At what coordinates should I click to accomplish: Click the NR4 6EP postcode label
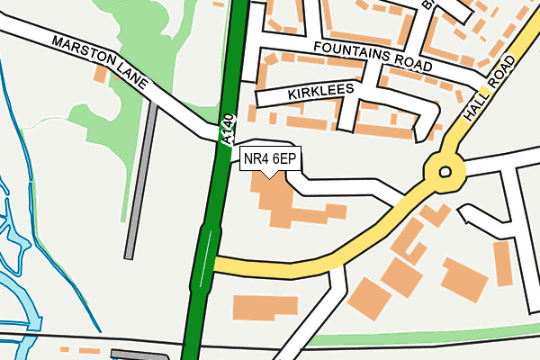click(270, 159)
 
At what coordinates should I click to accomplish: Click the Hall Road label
click(491, 89)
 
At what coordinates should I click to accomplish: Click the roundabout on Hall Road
click(444, 170)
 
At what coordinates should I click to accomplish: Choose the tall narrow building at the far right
click(502, 263)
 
